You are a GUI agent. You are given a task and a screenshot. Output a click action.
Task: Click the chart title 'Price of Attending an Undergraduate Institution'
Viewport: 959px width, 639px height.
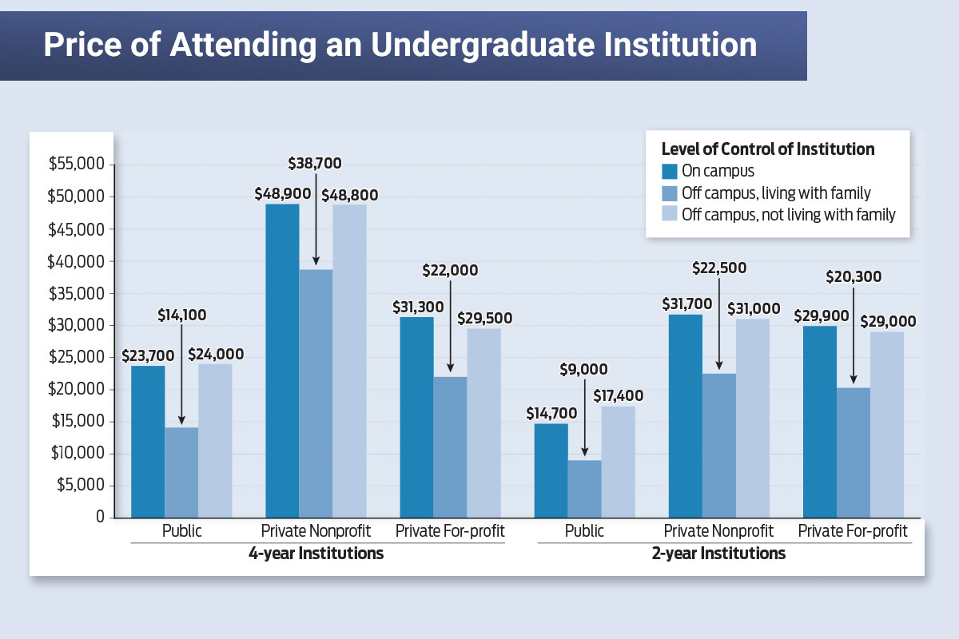point(400,45)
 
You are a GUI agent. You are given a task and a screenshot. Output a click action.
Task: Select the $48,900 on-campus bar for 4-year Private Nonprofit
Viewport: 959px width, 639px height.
point(282,359)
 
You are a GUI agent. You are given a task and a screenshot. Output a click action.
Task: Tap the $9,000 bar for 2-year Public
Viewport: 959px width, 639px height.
point(584,489)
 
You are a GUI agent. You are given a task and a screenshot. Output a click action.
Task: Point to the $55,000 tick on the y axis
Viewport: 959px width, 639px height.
point(77,165)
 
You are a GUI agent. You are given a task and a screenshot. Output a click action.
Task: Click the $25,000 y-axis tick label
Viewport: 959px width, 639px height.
point(77,357)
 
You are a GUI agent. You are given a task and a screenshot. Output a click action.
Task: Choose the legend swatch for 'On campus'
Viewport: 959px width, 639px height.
point(669,171)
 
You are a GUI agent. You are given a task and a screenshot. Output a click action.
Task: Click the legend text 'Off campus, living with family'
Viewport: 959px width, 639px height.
point(775,192)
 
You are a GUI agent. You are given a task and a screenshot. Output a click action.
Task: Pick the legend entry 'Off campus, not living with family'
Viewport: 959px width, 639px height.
point(788,214)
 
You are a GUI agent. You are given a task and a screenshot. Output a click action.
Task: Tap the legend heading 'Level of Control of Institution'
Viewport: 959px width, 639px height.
point(768,149)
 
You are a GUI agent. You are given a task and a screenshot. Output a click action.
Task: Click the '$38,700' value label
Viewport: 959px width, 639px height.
point(315,163)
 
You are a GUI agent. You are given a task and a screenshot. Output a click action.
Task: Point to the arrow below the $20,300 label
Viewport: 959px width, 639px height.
point(853,335)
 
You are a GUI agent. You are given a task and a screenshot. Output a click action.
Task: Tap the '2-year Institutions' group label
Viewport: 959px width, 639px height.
point(718,554)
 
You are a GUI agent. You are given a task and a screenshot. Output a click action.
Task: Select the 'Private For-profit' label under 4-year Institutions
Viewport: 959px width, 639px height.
point(450,530)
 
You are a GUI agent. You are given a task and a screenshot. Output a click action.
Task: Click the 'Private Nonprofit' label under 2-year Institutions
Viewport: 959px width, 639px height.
point(718,530)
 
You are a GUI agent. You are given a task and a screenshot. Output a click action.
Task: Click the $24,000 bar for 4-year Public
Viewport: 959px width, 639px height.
point(215,441)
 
